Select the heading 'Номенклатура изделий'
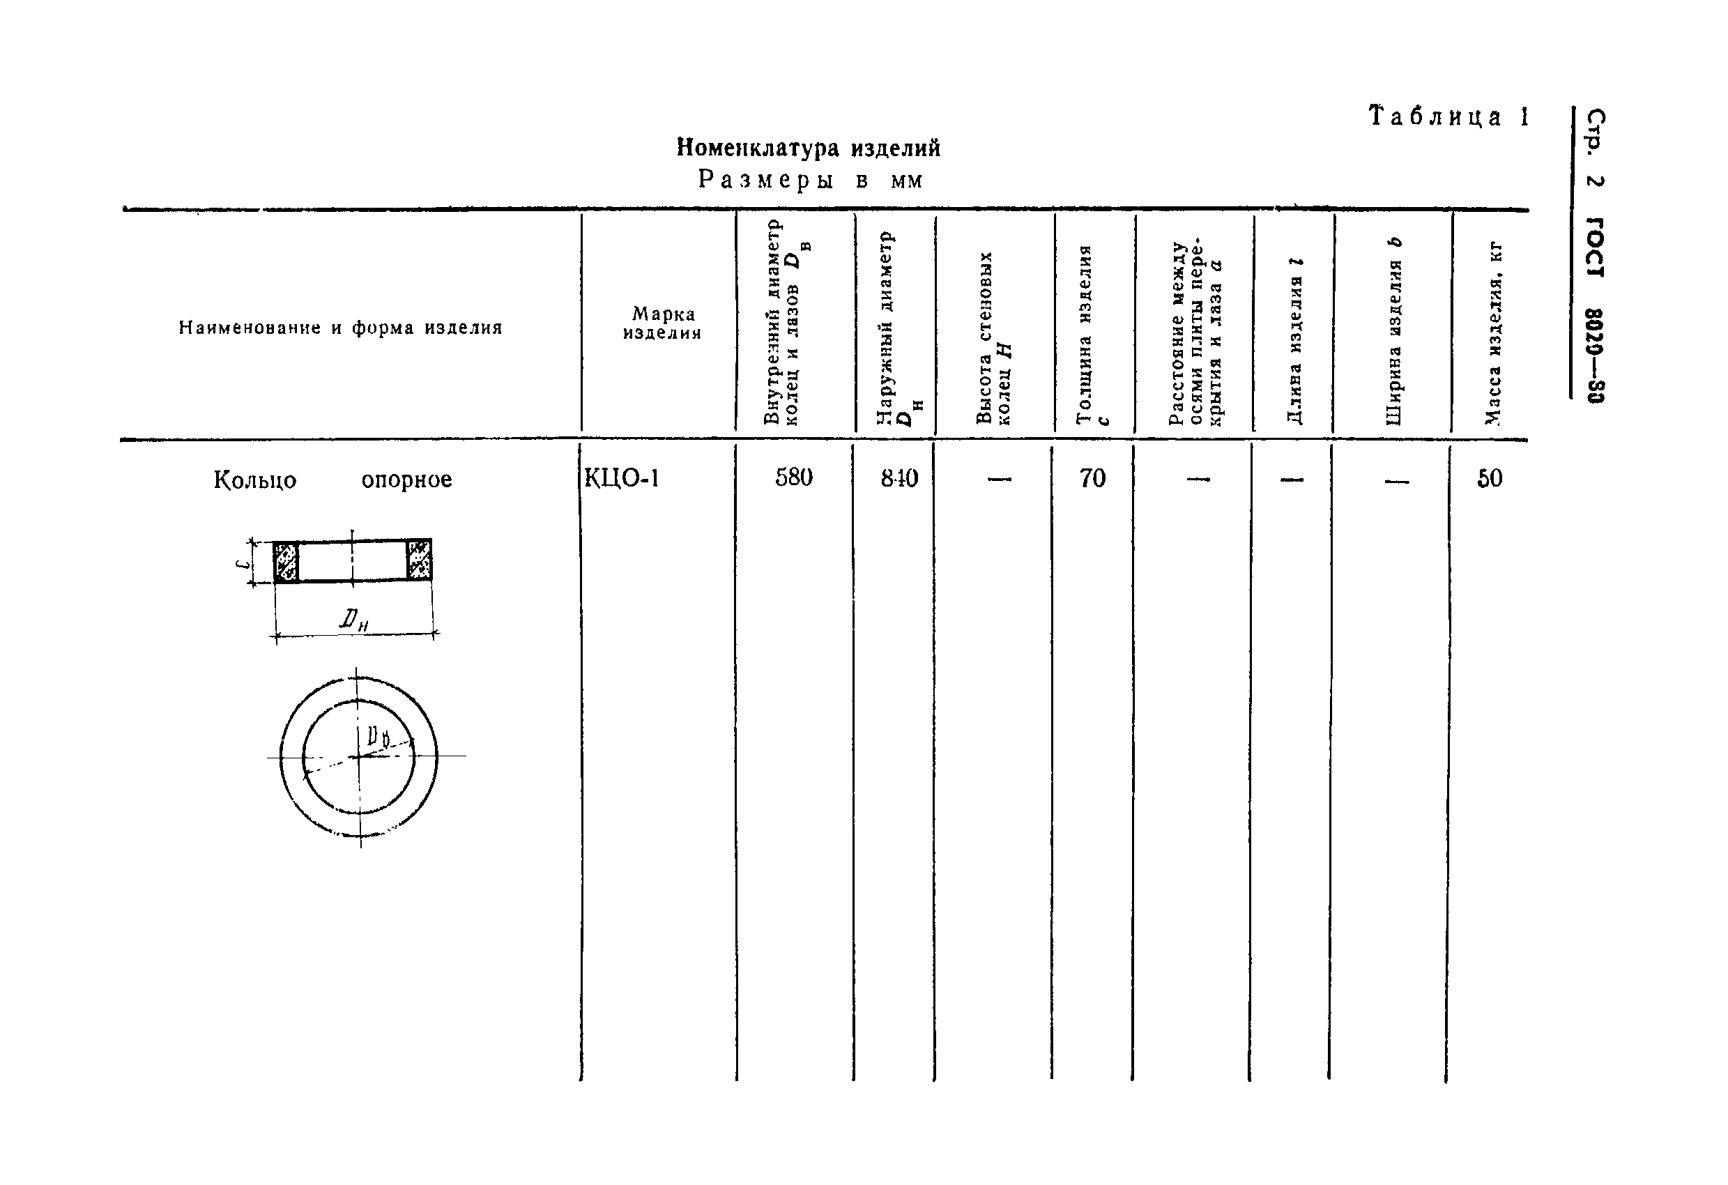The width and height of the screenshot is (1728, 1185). (x=808, y=148)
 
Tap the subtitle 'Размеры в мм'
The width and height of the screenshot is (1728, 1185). (x=810, y=181)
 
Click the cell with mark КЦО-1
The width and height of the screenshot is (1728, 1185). (x=622, y=478)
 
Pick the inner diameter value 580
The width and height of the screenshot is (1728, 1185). (x=793, y=478)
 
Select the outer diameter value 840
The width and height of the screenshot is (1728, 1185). (x=899, y=479)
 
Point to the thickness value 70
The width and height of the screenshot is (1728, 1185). (x=1092, y=479)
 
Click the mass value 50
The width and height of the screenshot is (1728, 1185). (x=1490, y=479)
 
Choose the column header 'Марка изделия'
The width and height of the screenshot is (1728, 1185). (x=662, y=323)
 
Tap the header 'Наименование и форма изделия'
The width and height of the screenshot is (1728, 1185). (x=341, y=328)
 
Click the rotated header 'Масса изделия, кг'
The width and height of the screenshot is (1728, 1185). (x=1493, y=334)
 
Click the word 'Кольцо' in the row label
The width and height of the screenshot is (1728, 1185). (x=255, y=480)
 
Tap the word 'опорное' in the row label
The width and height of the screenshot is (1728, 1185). (x=406, y=480)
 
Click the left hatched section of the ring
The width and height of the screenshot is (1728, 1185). (x=286, y=561)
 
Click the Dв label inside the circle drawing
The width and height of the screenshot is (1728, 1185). (x=379, y=737)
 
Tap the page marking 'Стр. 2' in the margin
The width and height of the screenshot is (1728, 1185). (x=1596, y=148)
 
